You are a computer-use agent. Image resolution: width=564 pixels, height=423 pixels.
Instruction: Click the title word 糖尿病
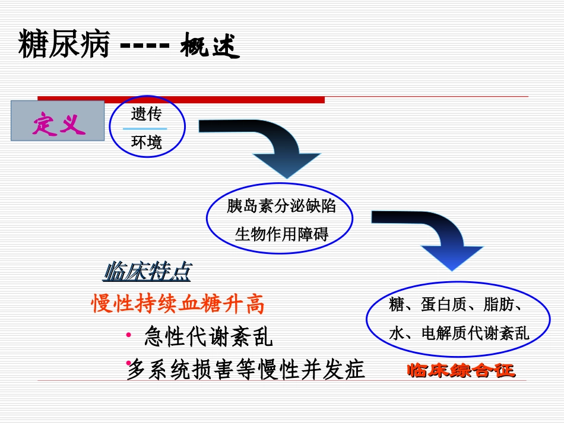coord(64,45)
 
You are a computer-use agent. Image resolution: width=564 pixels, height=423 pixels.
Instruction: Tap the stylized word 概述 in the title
coord(210,46)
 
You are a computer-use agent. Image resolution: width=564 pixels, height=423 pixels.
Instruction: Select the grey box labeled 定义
coord(58,122)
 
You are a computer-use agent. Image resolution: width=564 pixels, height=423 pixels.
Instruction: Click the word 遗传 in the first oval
coord(146,113)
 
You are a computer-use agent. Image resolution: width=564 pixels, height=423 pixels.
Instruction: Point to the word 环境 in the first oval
coord(146,142)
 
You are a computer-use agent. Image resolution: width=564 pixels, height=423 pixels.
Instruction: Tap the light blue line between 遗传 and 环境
coord(145,128)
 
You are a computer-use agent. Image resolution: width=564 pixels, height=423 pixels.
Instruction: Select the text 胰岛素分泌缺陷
coord(281,206)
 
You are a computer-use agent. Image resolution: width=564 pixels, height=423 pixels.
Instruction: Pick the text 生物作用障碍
coord(281,234)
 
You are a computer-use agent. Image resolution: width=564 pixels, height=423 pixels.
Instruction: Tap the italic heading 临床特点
coord(147,272)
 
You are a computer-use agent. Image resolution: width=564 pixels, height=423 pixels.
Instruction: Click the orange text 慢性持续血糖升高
coord(178,304)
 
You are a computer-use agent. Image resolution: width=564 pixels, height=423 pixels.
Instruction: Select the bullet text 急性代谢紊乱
coord(208,338)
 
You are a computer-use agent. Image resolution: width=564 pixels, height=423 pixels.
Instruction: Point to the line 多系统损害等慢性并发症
coord(246,370)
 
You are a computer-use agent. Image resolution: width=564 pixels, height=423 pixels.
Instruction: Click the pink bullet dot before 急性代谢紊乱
coord(129,336)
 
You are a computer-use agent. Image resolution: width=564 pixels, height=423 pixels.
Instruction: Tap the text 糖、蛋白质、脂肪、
coord(456,305)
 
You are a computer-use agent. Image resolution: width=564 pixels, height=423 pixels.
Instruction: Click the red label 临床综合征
coord(461,371)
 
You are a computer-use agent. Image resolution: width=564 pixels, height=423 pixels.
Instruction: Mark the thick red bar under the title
coord(181,99)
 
